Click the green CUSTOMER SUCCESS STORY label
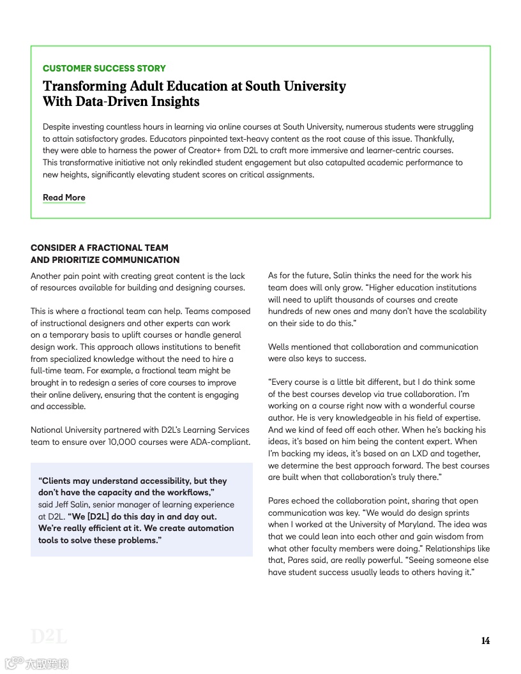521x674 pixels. [104, 68]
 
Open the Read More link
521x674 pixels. [64, 198]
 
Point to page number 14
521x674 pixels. [485, 641]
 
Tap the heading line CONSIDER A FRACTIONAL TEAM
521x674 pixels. [100, 248]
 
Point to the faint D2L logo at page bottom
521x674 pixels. [49, 636]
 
